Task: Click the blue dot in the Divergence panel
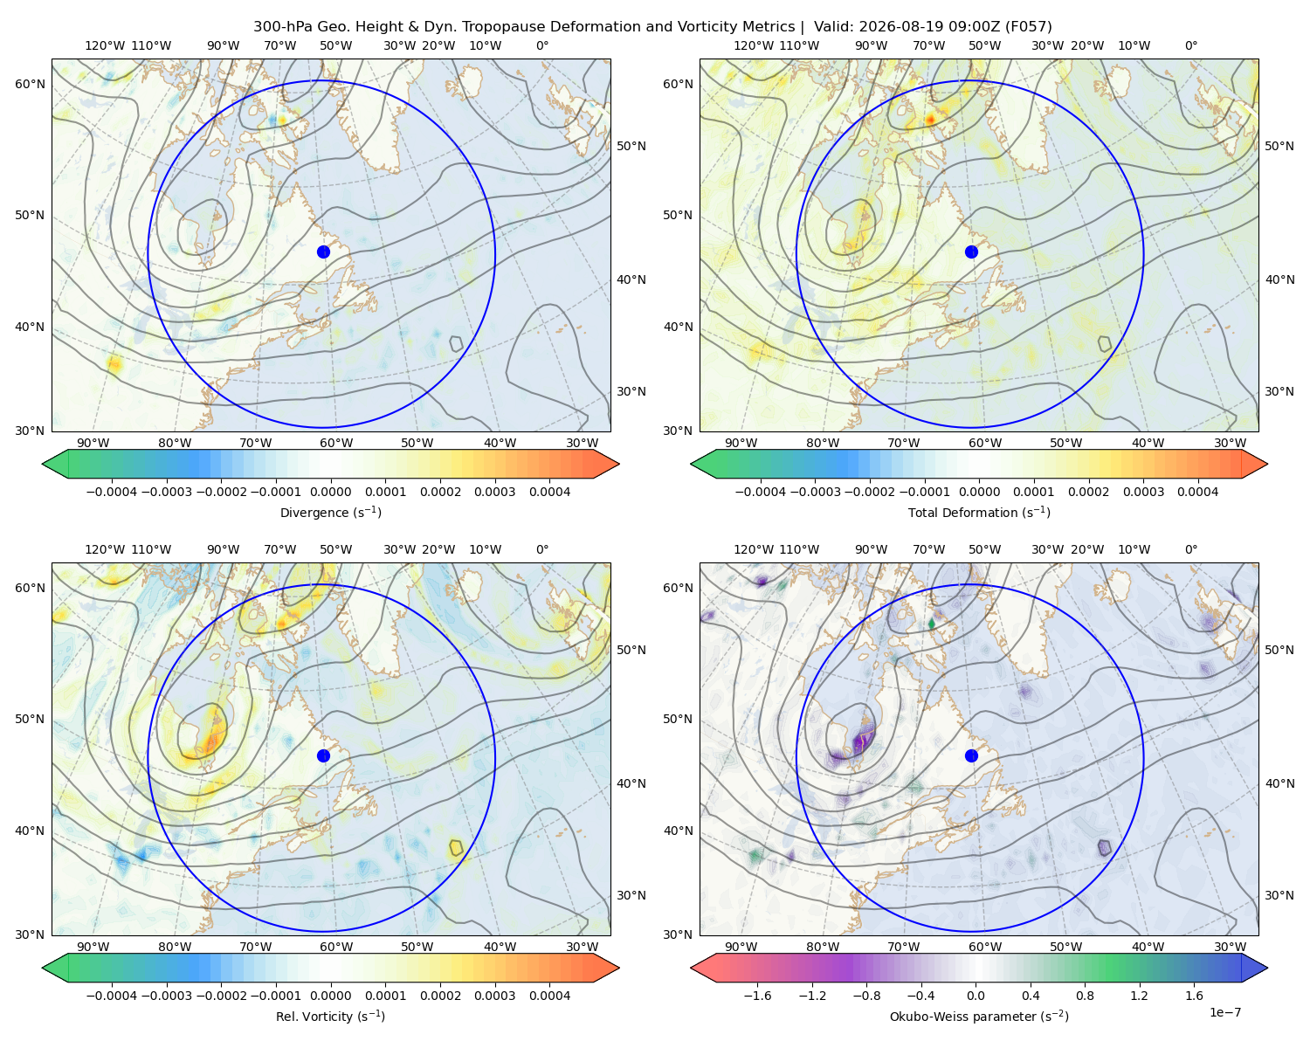[323, 252]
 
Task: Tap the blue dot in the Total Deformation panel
[971, 252]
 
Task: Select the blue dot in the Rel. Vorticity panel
[323, 755]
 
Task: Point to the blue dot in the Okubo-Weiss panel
[971, 755]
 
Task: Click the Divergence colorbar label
[330, 512]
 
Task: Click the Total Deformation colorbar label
[979, 512]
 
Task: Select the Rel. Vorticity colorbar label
[330, 1016]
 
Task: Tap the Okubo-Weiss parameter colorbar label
[979, 1016]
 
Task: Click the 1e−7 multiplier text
[1224, 1012]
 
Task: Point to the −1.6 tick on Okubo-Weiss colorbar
[757, 996]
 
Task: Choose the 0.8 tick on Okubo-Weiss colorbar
[1085, 996]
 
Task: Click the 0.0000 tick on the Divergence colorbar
[330, 492]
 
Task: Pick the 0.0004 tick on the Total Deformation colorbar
[1197, 492]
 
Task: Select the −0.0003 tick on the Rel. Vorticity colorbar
[166, 996]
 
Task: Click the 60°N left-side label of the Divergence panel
[30, 84]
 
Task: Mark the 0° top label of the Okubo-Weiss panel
[1190, 549]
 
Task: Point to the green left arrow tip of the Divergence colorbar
[43, 464]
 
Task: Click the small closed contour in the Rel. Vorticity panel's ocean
[456, 848]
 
